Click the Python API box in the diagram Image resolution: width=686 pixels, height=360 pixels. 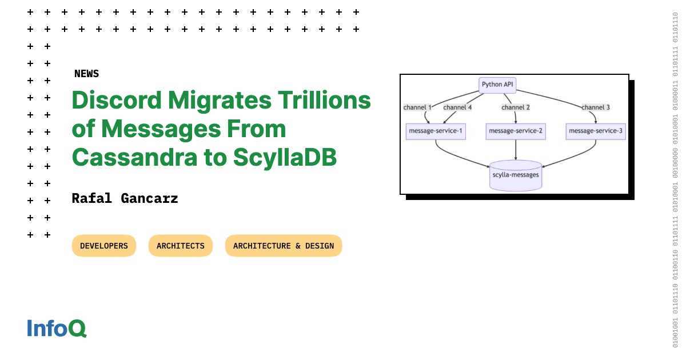pyautogui.click(x=497, y=85)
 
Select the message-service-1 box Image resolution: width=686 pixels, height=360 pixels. pyautogui.click(x=436, y=131)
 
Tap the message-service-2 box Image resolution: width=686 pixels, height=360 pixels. pyautogui.click(x=516, y=131)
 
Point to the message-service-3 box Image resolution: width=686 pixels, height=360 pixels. pyautogui.click(x=596, y=131)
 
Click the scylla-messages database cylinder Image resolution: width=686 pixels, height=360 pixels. pyautogui.click(x=516, y=175)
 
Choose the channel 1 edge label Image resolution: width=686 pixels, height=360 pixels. pyautogui.click(x=417, y=107)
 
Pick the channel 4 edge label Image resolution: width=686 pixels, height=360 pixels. pyautogui.click(x=457, y=107)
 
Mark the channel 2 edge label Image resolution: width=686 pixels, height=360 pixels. pyautogui.click(x=516, y=107)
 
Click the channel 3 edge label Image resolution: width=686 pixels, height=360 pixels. pyautogui.click(x=596, y=107)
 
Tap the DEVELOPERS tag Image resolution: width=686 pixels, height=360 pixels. pyautogui.click(x=104, y=246)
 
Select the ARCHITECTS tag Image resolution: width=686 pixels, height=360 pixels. pyautogui.click(x=181, y=246)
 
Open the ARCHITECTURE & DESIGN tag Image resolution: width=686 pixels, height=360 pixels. pyautogui.click(x=284, y=246)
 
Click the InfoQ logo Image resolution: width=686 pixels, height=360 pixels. pyautogui.click(x=57, y=328)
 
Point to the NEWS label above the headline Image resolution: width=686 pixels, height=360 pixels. pyautogui.click(x=86, y=74)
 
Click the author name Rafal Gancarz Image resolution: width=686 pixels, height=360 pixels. pyautogui.click(x=125, y=199)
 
